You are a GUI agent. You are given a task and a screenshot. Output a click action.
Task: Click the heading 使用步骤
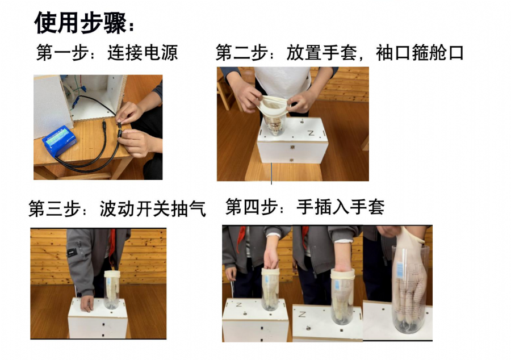tap(81, 23)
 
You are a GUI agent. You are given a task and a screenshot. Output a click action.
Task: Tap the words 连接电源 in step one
tap(143, 53)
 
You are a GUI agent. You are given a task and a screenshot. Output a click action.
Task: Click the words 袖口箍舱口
tap(420, 53)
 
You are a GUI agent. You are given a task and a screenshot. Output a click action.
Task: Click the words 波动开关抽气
tap(153, 208)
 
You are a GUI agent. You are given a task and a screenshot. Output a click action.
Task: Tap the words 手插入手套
tap(341, 207)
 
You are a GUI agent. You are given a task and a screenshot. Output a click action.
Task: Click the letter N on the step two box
tap(311, 133)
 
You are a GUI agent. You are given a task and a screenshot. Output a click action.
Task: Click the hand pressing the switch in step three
tap(87, 303)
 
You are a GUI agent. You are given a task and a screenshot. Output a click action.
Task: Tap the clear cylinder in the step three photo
tap(112, 290)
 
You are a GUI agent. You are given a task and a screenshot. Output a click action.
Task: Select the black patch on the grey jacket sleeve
tap(72, 252)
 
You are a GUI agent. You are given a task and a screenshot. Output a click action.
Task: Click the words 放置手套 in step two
tap(322, 53)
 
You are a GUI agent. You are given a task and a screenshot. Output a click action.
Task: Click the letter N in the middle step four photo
tap(302, 315)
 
